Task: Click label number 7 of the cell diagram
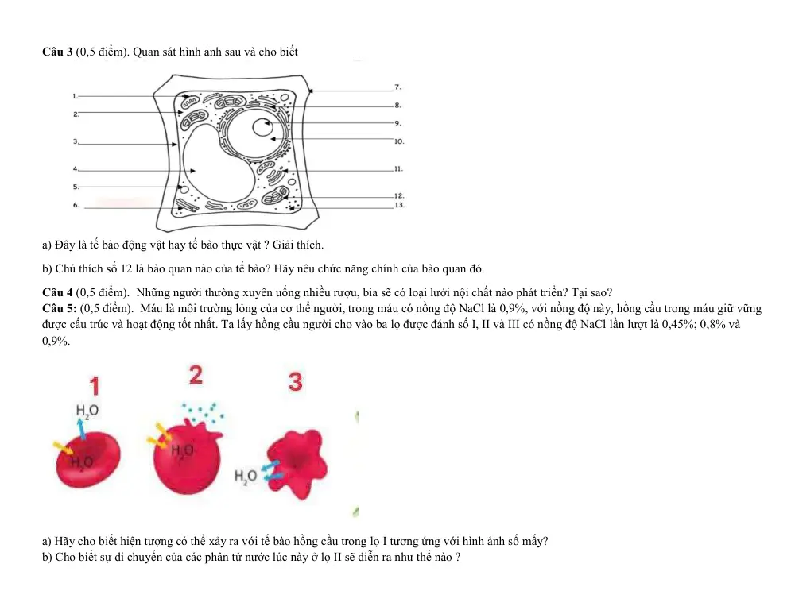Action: pos(397,87)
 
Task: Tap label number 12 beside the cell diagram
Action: pos(399,195)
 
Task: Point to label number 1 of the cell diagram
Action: pos(75,96)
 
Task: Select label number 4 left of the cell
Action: pos(76,168)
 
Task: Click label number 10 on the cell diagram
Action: pos(399,142)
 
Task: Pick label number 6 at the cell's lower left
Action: pos(76,205)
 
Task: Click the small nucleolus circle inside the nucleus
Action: pos(262,127)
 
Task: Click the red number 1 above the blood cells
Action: pos(95,385)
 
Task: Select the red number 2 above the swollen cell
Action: pos(196,375)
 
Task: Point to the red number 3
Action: pos(296,381)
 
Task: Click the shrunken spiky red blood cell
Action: pos(298,464)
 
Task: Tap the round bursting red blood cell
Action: pos(188,457)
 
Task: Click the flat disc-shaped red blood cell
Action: pos(88,459)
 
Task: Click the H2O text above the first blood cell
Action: pos(87,411)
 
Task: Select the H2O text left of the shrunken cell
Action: pos(246,477)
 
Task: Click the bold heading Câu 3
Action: pos(57,52)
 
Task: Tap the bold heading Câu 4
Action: pos(57,292)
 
